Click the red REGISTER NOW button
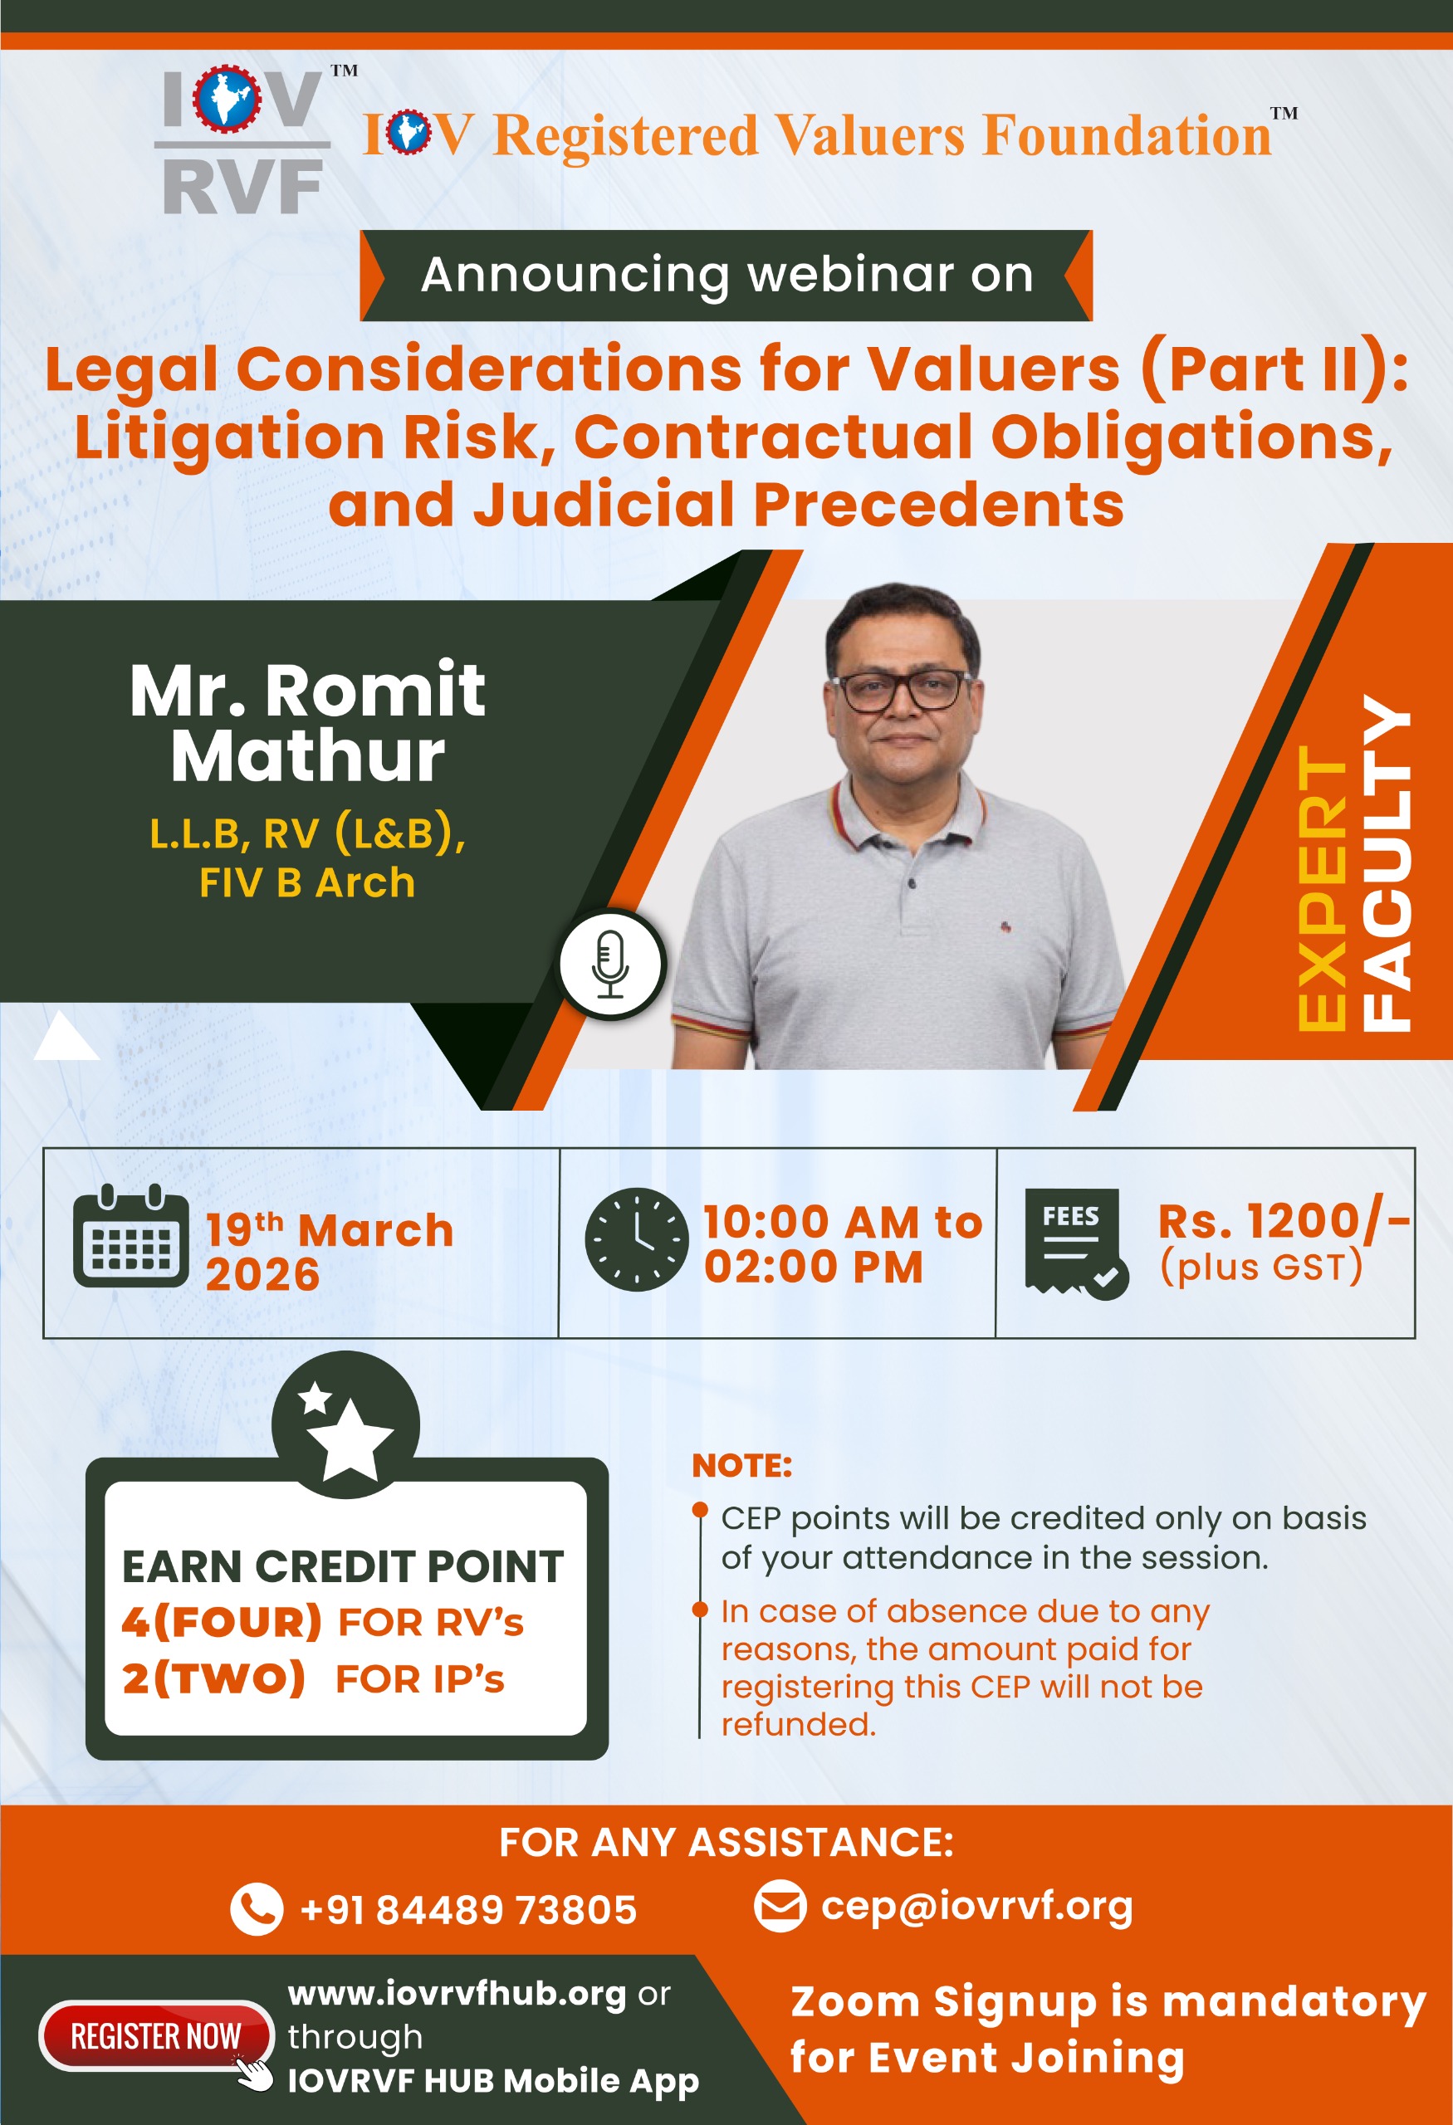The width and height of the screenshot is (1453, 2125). point(155,2035)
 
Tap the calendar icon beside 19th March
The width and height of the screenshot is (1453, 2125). point(130,1236)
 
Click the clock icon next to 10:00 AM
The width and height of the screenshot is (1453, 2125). point(637,1239)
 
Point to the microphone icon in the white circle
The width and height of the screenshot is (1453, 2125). point(610,964)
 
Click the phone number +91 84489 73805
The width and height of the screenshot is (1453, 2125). point(468,1909)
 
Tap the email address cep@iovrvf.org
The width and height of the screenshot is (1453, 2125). point(976,1907)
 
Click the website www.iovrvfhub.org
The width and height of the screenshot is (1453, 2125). point(457,1993)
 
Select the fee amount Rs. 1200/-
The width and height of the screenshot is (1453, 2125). point(1284,1221)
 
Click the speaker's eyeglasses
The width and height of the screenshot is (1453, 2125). point(901,691)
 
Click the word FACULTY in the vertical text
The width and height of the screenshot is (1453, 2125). point(1387,863)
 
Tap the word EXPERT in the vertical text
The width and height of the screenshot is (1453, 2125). point(1323,889)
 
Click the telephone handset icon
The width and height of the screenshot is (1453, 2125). point(257,1909)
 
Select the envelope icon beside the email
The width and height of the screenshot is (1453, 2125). point(780,1908)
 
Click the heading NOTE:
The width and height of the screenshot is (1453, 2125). point(741,1466)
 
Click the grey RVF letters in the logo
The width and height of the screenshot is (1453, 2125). point(242,187)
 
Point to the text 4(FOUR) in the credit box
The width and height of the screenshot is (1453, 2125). point(223,1622)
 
